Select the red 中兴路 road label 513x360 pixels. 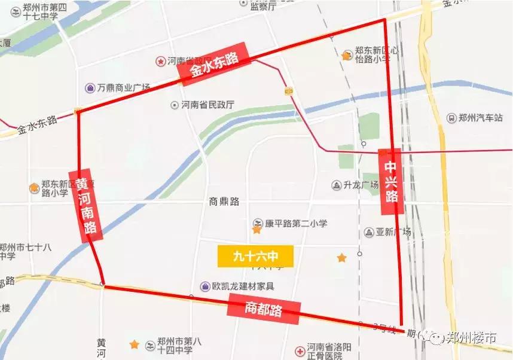tap(390, 181)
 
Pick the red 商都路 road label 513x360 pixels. tap(263, 309)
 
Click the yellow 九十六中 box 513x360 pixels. tap(256, 256)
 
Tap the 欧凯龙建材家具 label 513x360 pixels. tap(243, 286)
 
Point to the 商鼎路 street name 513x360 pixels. tap(225, 202)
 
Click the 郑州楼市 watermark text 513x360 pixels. tap(472, 338)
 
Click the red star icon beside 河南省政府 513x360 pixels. tap(160, 61)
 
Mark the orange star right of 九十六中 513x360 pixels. tap(341, 258)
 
